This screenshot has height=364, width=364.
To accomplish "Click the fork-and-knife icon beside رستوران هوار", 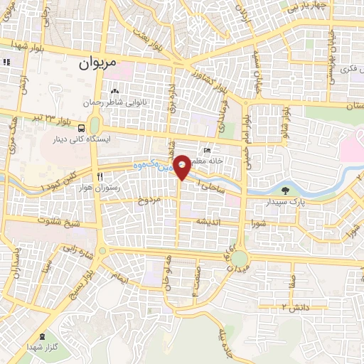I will pyautogui.click(x=100, y=176).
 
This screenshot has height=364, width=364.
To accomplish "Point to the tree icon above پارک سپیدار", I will pyautogui.click(x=286, y=190).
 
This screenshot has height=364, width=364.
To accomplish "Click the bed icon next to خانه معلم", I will pyautogui.click(x=207, y=151).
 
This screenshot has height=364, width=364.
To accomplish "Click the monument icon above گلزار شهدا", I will pyautogui.click(x=42, y=336).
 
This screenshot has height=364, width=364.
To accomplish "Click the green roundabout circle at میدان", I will pyautogui.click(x=240, y=258).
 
